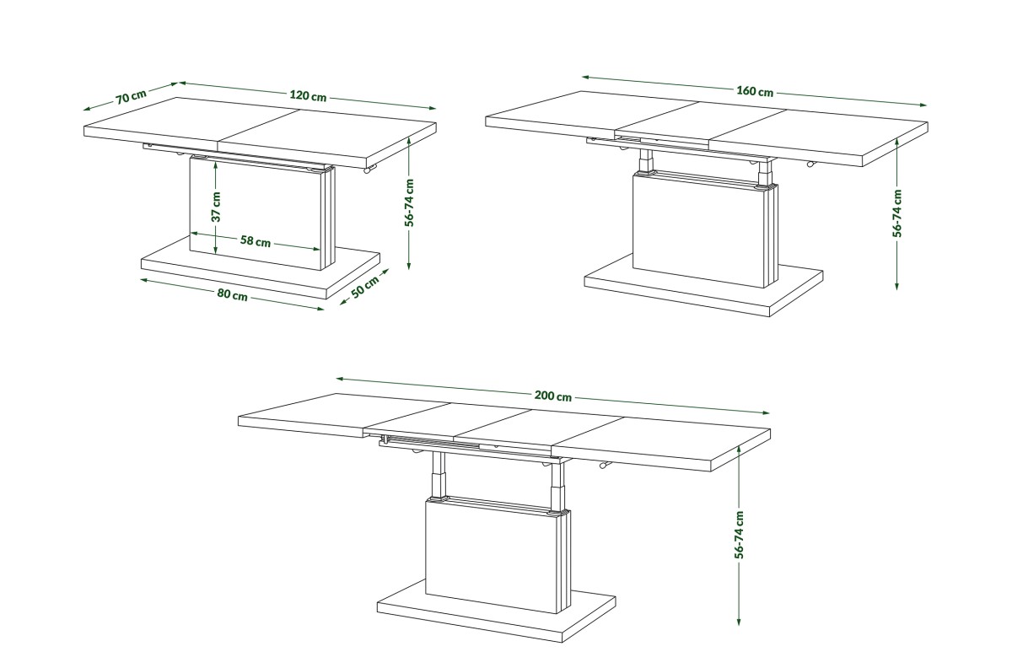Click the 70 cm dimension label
pyautogui.click(x=131, y=96)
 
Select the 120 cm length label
pyautogui.click(x=308, y=96)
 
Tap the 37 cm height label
pyautogui.click(x=217, y=207)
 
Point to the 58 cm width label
pyautogui.click(x=256, y=241)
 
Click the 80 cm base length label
pyautogui.click(x=232, y=294)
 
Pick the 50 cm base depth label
pyautogui.click(x=365, y=287)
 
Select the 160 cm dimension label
pyautogui.click(x=755, y=91)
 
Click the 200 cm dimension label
pyautogui.click(x=553, y=396)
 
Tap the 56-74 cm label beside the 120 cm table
pyautogui.click(x=409, y=202)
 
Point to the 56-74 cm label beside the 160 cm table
pyautogui.click(x=896, y=213)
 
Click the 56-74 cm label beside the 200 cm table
pyautogui.click(x=739, y=535)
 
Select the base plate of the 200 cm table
pyautogui.click(x=497, y=617)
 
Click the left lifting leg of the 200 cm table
pyautogui.click(x=438, y=475)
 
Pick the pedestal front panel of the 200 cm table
pyautogui.click(x=493, y=556)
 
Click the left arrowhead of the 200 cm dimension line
pyautogui.click(x=340, y=379)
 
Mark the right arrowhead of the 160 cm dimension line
pyautogui.click(x=922, y=105)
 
